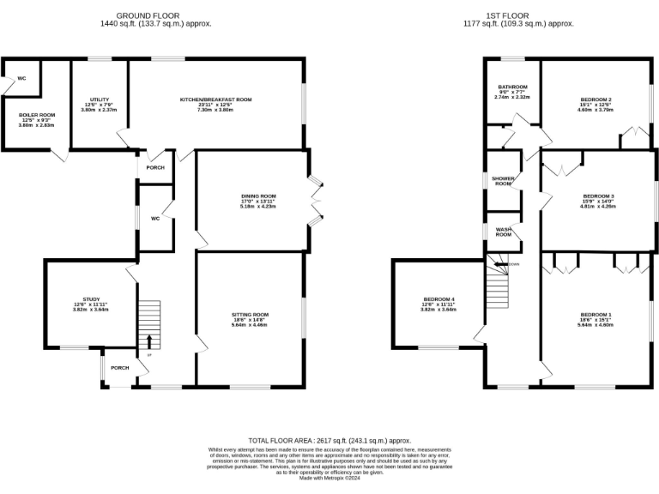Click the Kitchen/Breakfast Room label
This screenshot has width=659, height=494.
pyautogui.click(x=215, y=100)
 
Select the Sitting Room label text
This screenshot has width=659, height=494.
pyautogui.click(x=250, y=315)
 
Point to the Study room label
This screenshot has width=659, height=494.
pyautogui.click(x=91, y=299)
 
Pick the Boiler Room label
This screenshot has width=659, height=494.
pyautogui.click(x=37, y=115)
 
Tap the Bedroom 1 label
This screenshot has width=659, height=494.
pyautogui.click(x=596, y=315)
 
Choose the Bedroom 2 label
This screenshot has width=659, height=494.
pyautogui.click(x=596, y=100)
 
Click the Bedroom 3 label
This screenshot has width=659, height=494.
pyautogui.click(x=597, y=196)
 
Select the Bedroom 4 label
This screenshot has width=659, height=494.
pyautogui.click(x=438, y=299)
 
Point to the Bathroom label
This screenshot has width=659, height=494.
pyautogui.click(x=513, y=87)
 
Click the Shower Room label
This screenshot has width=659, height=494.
pyautogui.click(x=503, y=181)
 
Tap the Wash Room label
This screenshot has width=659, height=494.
pyautogui.click(x=504, y=232)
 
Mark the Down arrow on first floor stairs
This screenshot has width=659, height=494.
pyautogui.click(x=500, y=264)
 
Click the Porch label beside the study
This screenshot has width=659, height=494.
pyautogui.click(x=120, y=368)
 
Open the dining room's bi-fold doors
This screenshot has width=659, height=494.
pyautogui.click(x=314, y=199)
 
